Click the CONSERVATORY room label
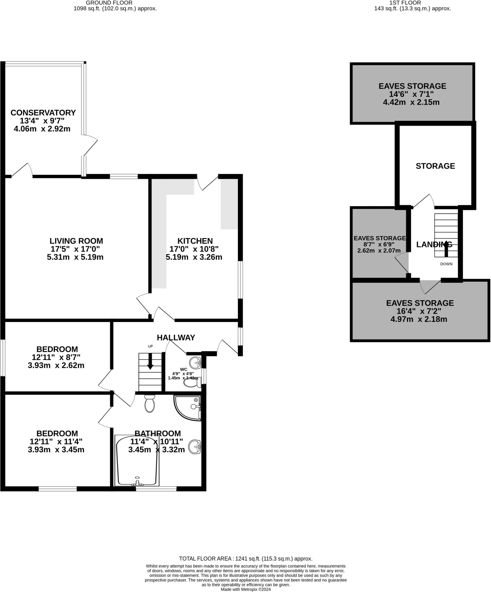click(x=43, y=112)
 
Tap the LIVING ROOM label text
click(x=76, y=241)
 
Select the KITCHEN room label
click(x=195, y=241)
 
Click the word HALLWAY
click(x=176, y=337)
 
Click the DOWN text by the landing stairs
click(x=446, y=264)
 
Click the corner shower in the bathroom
click(x=190, y=407)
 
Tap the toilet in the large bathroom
click(x=149, y=404)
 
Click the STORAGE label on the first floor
click(x=435, y=166)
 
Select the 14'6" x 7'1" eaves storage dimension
click(x=411, y=94)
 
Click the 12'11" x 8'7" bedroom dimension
click(x=56, y=357)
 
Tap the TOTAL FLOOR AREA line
click(x=246, y=559)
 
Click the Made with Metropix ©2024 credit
click(x=246, y=589)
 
